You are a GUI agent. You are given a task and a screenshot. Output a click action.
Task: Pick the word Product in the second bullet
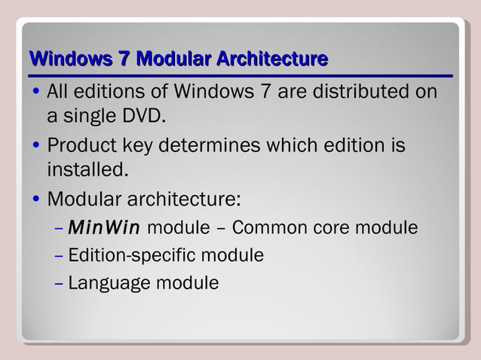[78, 145]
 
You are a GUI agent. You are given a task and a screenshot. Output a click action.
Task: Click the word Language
[109, 284]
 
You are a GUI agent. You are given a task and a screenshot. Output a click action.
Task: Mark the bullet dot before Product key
[37, 146]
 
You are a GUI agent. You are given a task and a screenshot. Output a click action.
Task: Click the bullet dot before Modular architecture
[37, 201]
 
